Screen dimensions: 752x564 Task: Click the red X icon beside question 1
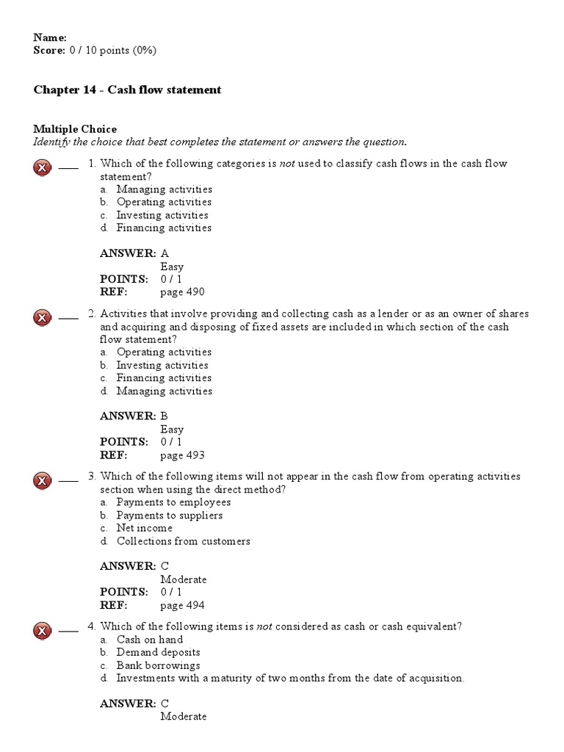point(43,168)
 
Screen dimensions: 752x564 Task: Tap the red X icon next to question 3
point(43,481)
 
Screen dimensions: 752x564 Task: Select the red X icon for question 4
point(43,631)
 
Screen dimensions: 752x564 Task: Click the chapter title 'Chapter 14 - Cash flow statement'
point(127,90)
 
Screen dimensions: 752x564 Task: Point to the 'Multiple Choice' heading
point(75,129)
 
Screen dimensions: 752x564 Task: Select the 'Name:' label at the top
point(50,37)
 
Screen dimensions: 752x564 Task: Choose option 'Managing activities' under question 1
point(164,189)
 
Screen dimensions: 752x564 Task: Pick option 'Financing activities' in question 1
point(164,228)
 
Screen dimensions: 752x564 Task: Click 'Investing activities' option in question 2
point(162,365)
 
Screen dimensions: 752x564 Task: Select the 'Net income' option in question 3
point(145,528)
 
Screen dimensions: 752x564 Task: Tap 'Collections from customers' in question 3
point(183,541)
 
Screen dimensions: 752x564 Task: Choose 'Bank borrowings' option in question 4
point(158,665)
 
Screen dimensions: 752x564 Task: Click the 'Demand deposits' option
point(158,652)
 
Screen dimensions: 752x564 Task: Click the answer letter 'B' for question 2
point(164,416)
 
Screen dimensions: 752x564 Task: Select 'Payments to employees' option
point(173,502)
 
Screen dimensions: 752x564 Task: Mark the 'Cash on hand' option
point(150,640)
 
